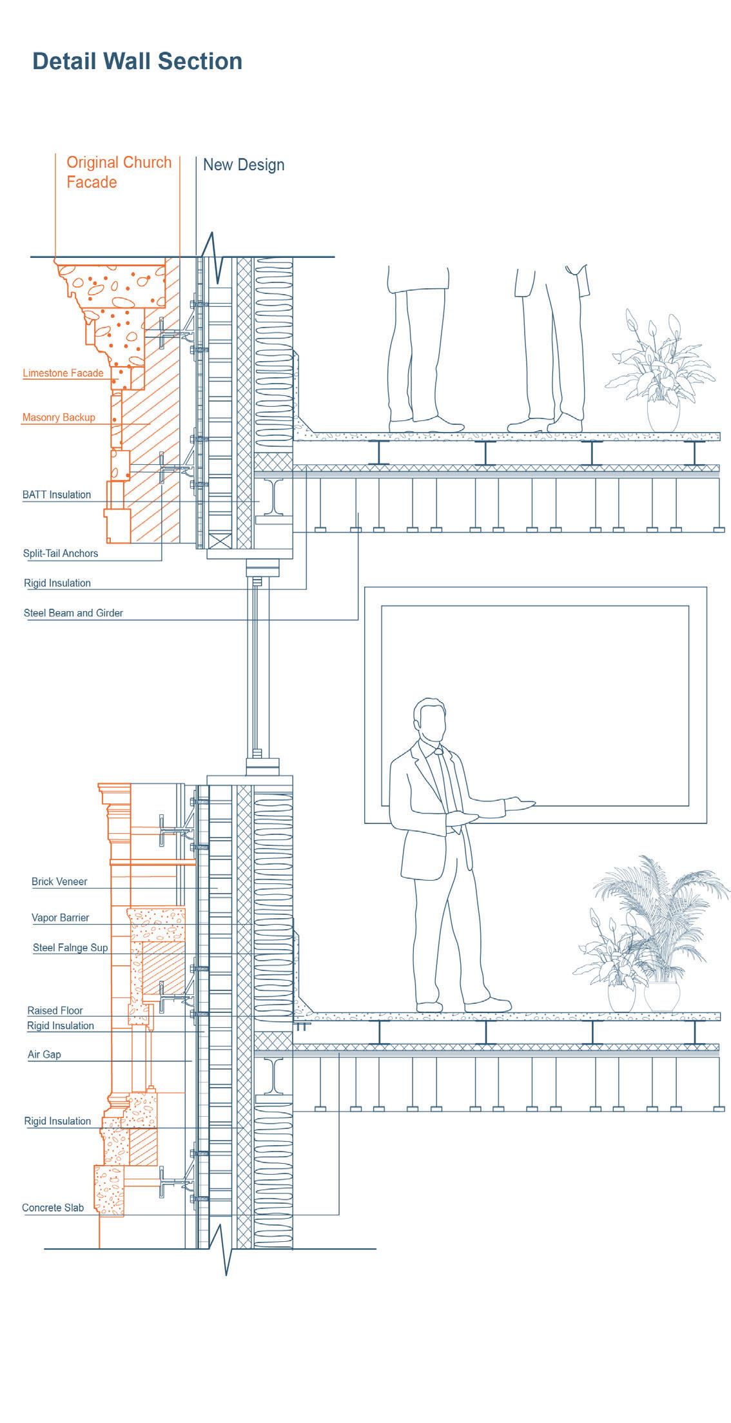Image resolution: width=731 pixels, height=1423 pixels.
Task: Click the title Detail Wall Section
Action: pyautogui.click(x=137, y=61)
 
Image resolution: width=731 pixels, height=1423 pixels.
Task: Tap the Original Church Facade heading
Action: pyautogui.click(x=119, y=172)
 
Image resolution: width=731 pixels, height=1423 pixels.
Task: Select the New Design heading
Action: pyautogui.click(x=244, y=165)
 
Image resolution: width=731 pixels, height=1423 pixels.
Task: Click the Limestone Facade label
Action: pyautogui.click(x=63, y=373)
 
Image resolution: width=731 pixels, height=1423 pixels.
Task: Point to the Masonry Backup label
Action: pyautogui.click(x=59, y=418)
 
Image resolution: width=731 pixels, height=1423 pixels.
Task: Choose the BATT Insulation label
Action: pyautogui.click(x=57, y=495)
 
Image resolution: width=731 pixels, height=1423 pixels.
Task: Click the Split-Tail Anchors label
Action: pyautogui.click(x=61, y=554)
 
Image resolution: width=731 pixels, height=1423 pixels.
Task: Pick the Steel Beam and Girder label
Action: pyautogui.click(x=73, y=613)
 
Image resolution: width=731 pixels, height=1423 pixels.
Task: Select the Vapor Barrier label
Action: pyautogui.click(x=61, y=918)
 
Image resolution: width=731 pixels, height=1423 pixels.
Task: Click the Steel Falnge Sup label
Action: pyautogui.click(x=70, y=948)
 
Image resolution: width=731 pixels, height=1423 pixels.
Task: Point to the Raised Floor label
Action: pyautogui.click(x=55, y=1011)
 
